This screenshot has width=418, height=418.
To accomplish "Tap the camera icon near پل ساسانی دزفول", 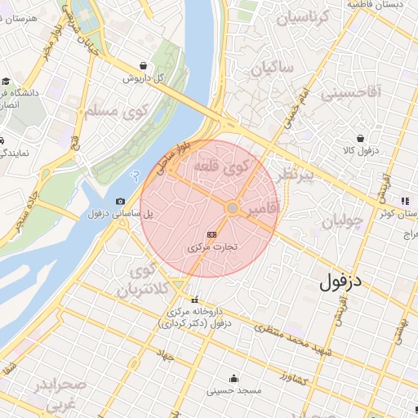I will click(121, 201).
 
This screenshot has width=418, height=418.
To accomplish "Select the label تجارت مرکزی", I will click(211, 246).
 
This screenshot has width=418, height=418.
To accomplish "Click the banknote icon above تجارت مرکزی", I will click(212, 233).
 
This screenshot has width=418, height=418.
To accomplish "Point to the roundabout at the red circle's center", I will click(233, 209).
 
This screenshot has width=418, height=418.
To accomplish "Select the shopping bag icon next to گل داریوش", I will click(144, 66).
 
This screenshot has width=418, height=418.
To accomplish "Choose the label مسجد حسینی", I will click(234, 391).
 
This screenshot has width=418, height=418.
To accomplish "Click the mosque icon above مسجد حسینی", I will click(234, 378).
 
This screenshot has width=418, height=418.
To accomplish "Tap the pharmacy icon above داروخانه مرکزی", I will click(194, 300).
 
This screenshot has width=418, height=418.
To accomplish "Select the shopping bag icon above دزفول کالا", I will click(360, 138).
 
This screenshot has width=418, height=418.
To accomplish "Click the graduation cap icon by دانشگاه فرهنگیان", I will click(5, 81).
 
